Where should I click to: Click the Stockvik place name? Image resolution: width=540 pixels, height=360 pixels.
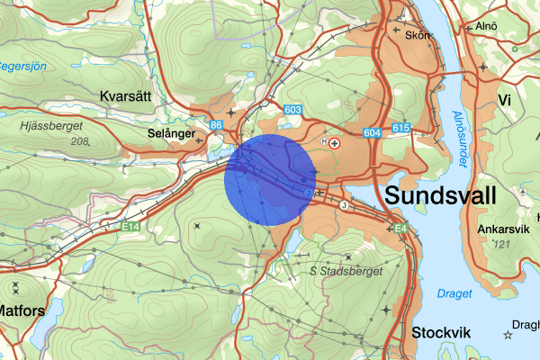(441, 332)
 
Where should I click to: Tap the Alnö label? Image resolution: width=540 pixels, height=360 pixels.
(486, 26)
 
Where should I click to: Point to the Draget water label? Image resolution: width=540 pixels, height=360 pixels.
(454, 293)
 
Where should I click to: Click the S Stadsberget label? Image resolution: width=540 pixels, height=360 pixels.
(346, 270)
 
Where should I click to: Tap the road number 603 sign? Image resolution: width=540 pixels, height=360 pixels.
(292, 109)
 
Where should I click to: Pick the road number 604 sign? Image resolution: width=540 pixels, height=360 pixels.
(373, 132)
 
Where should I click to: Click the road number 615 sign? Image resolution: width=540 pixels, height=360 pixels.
(400, 129)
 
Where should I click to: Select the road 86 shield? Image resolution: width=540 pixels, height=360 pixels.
(216, 125)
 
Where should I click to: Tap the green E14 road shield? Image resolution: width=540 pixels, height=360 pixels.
(132, 228)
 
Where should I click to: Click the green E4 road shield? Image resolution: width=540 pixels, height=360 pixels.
(400, 231)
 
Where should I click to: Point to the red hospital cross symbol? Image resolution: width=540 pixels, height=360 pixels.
(336, 142)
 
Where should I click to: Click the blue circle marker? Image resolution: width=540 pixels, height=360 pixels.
(270, 179)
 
